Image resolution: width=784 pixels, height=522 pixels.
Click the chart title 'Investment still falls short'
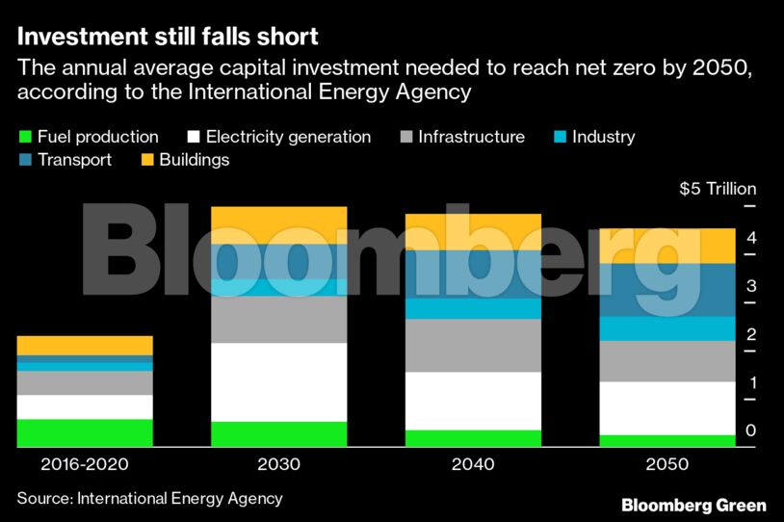[x=168, y=38]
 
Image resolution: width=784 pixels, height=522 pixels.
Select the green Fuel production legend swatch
[x=25, y=137]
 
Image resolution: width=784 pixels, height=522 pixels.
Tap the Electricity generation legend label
[x=288, y=137]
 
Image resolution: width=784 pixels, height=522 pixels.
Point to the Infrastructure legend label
[x=471, y=137]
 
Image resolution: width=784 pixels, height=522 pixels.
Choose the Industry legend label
[x=603, y=137]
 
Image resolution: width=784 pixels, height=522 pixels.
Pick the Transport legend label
[x=74, y=160]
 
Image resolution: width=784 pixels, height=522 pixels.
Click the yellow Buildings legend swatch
[x=148, y=160]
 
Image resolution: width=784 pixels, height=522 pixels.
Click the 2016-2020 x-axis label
[x=85, y=464]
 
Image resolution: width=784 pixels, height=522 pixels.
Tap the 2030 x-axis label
[x=278, y=464]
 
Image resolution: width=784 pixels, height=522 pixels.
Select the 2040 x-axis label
[x=472, y=464]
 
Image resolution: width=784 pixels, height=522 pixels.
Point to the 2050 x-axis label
[x=667, y=464]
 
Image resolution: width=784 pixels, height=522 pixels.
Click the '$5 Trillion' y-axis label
[x=718, y=189]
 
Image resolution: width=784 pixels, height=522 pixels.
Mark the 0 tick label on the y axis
[x=750, y=431]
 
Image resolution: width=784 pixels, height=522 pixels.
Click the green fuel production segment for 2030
[x=278, y=434]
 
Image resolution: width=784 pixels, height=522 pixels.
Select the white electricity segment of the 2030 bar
[x=278, y=382]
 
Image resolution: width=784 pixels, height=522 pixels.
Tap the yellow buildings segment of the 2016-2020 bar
[x=85, y=345]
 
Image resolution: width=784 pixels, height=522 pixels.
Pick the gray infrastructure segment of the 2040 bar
[x=472, y=345]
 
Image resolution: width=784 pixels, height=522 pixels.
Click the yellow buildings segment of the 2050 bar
[x=667, y=246]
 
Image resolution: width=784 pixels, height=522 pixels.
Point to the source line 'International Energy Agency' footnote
[x=149, y=498]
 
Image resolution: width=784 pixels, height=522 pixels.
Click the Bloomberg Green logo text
[x=693, y=505]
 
